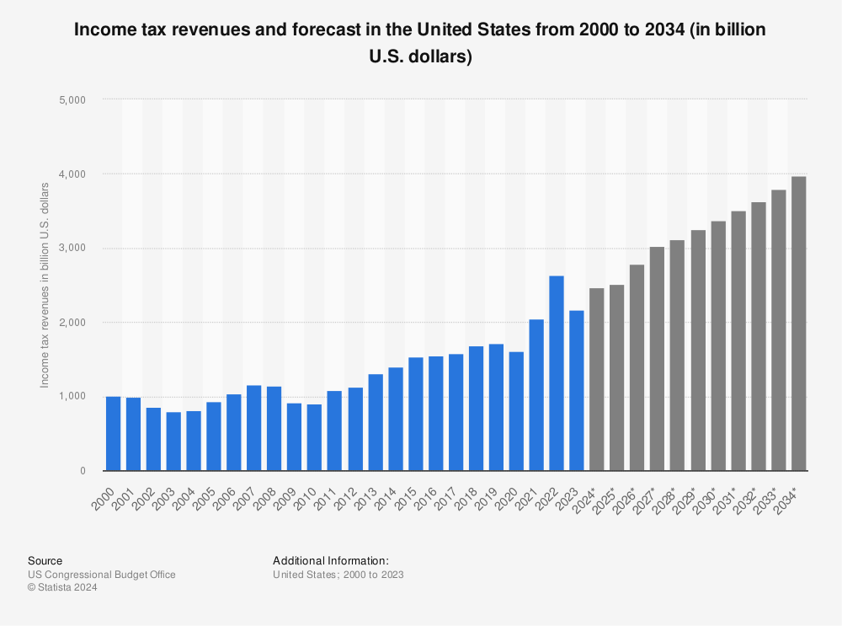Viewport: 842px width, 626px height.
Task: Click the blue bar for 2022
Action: [557, 373]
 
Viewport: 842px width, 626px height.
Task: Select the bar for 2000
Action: [113, 433]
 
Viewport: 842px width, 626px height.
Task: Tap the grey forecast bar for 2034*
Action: [798, 324]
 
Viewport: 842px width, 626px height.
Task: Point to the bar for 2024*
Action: [596, 379]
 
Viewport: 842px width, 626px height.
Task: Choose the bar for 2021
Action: [536, 395]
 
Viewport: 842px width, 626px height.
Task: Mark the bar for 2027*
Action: [657, 358]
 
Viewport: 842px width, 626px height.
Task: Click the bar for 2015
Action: [415, 414]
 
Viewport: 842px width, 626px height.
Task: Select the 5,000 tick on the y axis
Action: [77, 99]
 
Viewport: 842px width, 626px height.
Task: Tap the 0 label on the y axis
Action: [83, 471]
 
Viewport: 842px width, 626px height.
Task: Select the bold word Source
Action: [45, 560]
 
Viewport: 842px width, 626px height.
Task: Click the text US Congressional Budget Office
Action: [102, 575]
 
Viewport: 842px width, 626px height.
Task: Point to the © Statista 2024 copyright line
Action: [63, 588]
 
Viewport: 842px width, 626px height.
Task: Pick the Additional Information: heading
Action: [331, 560]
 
